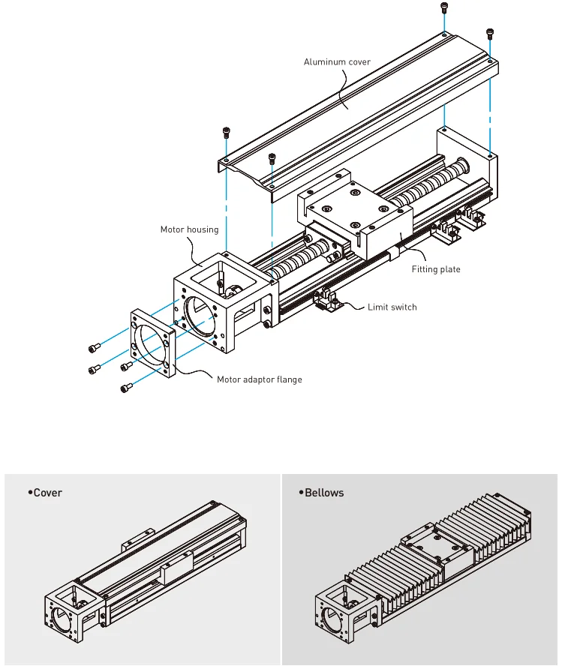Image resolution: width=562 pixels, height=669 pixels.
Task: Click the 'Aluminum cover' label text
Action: pyautogui.click(x=337, y=61)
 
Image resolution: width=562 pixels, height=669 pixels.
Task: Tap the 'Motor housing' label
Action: pyautogui.click(x=189, y=229)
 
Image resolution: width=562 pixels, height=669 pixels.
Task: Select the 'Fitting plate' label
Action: pyautogui.click(x=435, y=269)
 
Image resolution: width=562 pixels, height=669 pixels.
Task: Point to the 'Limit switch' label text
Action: pyautogui.click(x=392, y=307)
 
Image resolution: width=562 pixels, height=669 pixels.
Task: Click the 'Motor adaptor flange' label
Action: pyautogui.click(x=259, y=379)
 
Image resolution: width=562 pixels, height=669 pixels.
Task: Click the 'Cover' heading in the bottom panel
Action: pyautogui.click(x=47, y=493)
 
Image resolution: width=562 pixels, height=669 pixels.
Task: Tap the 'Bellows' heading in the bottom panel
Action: pyautogui.click(x=323, y=493)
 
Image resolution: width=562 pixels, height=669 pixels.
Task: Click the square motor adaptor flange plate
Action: pyautogui.click(x=154, y=341)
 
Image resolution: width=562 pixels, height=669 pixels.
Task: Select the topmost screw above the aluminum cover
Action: pyautogui.click(x=444, y=8)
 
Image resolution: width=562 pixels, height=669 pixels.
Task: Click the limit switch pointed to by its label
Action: pyautogui.click(x=327, y=300)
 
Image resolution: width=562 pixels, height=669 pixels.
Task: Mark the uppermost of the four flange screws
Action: pyautogui.click(x=95, y=347)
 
